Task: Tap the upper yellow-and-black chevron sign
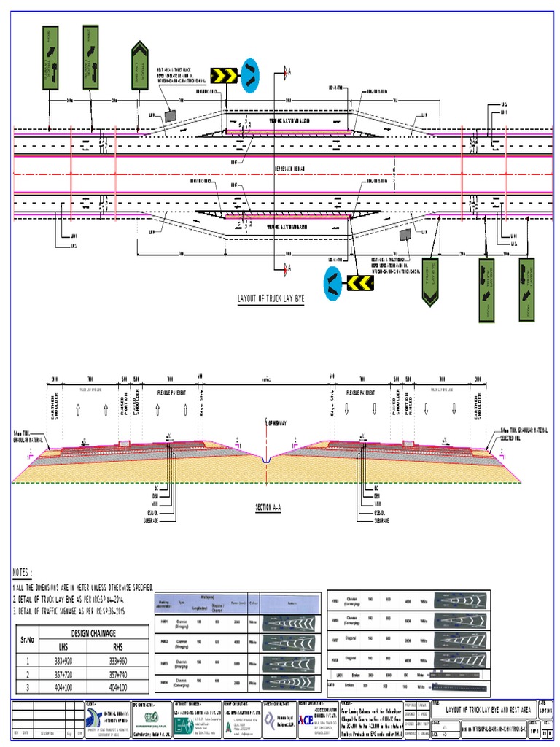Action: point(223,74)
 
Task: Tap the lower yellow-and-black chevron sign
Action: point(359,281)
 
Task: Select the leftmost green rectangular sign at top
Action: point(50,58)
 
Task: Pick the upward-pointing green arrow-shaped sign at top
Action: point(140,68)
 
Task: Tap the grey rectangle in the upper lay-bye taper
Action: point(170,115)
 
